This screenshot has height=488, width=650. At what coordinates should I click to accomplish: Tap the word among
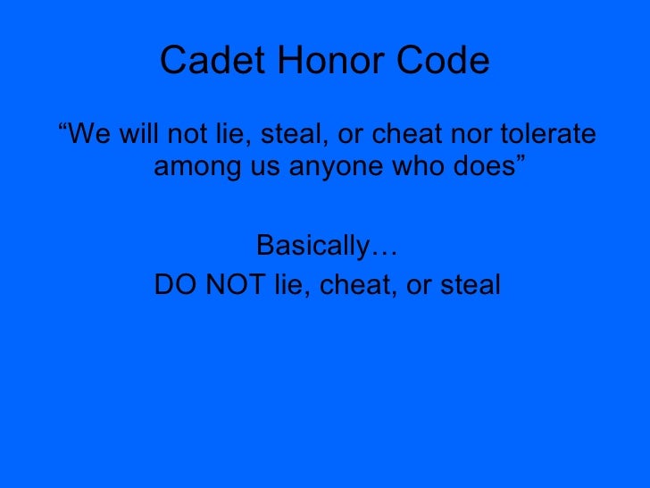pyautogui.click(x=191, y=166)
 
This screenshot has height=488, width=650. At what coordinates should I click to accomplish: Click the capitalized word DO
pyautogui.click(x=172, y=285)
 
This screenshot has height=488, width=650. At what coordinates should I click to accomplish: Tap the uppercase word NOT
pyautogui.click(x=227, y=285)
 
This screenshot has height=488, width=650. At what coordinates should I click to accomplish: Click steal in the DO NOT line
pyautogui.click(x=470, y=285)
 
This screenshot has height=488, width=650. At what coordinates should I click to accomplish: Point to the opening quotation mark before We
pyautogui.click(x=62, y=130)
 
